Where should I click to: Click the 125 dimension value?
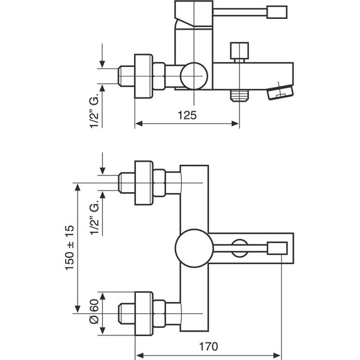(x=187, y=115)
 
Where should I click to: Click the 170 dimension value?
(x=208, y=347)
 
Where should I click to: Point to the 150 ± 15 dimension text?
(x=70, y=248)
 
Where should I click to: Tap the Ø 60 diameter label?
(x=94, y=311)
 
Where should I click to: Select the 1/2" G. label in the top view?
(x=94, y=111)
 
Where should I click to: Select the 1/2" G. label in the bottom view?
(x=94, y=217)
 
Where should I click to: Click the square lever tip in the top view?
(x=277, y=12)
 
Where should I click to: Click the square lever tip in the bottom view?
(x=277, y=248)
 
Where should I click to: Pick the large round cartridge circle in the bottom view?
(x=195, y=248)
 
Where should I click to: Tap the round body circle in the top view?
(x=194, y=76)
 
